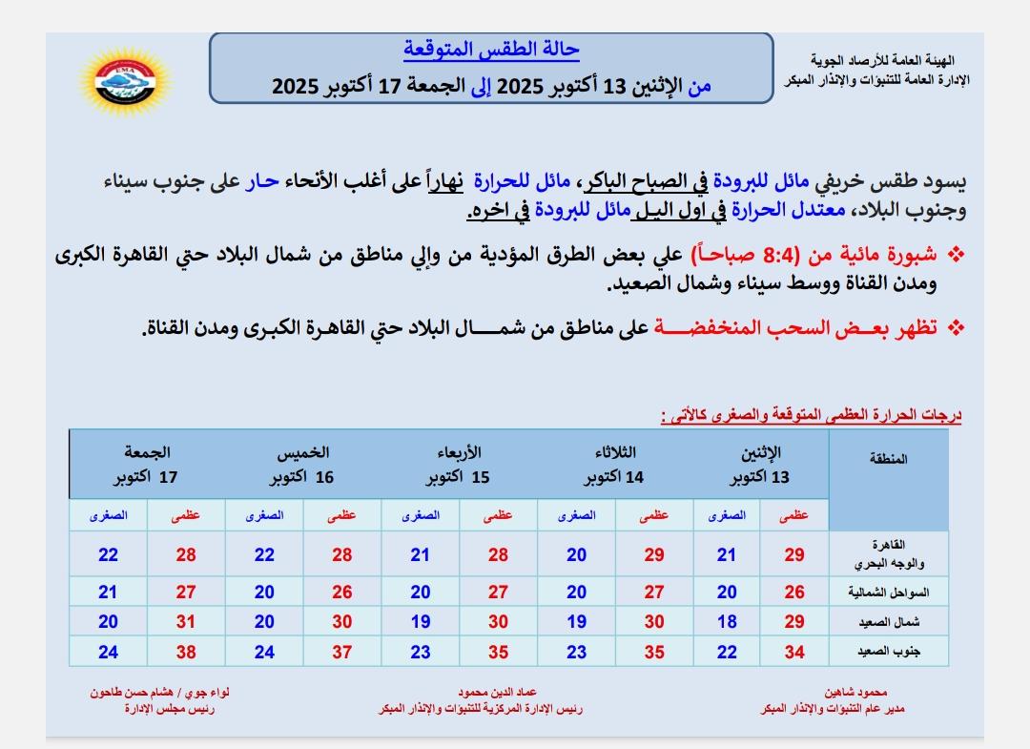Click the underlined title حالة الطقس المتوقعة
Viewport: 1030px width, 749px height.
coord(491,50)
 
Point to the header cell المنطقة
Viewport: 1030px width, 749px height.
coord(889,459)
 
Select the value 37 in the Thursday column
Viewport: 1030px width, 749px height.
coord(342,653)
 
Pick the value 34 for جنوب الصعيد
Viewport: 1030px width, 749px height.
coord(793,653)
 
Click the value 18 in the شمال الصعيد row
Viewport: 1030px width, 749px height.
coord(727,622)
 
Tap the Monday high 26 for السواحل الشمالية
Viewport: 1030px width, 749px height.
coord(793,593)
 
